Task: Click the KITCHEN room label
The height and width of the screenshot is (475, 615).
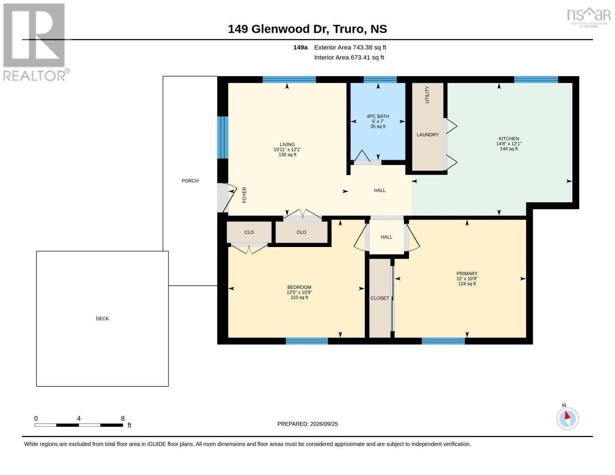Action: [x=508, y=139]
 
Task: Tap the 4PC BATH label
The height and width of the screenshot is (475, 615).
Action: [x=378, y=116]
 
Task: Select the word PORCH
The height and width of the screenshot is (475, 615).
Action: [x=190, y=181]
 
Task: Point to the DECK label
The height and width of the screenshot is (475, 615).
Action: [x=102, y=319]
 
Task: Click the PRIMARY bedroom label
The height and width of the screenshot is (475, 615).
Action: [x=467, y=274]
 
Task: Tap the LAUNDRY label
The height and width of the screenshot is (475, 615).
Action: [x=428, y=135]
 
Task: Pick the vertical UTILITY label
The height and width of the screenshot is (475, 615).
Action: [x=427, y=95]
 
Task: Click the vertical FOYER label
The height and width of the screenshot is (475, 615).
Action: [x=244, y=195]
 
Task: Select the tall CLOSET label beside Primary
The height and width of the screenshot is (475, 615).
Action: [x=380, y=298]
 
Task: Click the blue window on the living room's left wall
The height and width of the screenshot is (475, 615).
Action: [x=223, y=137]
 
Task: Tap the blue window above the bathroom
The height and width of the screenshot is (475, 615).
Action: [x=380, y=80]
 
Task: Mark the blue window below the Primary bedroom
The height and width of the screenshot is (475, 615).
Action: [x=443, y=341]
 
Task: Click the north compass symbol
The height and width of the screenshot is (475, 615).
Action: [x=567, y=418]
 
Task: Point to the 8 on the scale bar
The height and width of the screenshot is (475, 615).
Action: [x=122, y=418]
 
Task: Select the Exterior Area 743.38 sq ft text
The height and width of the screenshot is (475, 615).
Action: [x=350, y=47]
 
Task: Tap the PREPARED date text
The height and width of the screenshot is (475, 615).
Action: [x=307, y=424]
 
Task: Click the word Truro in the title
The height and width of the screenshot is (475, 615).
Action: [x=348, y=29]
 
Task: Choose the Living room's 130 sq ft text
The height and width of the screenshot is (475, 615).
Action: [x=287, y=155]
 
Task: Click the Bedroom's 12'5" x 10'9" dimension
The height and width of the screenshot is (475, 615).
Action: [x=299, y=292]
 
